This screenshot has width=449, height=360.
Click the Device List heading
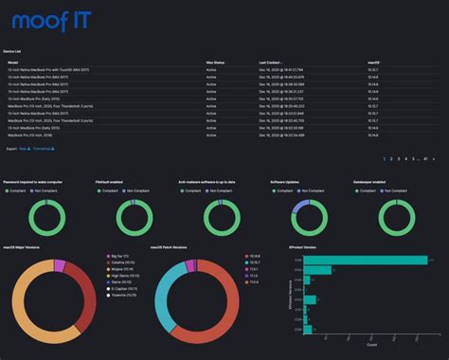point(15,51)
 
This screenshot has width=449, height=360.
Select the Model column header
point(13,62)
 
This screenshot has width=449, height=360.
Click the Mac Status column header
point(216,62)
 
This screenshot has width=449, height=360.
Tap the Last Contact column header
point(271,62)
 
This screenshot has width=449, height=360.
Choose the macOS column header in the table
point(374,62)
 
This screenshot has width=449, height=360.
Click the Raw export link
point(26,149)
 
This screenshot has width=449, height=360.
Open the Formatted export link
point(44,149)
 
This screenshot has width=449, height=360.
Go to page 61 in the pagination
point(426,158)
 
